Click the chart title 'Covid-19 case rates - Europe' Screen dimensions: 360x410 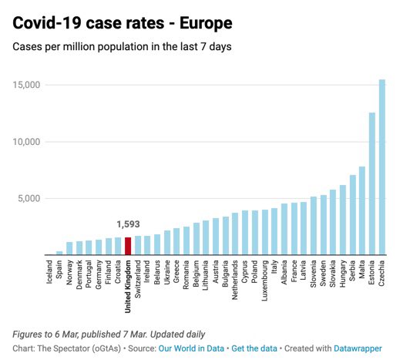(x=123, y=23)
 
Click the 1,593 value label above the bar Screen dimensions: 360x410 (x=128, y=224)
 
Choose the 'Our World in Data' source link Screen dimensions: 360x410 (x=191, y=348)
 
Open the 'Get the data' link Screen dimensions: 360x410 (x=256, y=348)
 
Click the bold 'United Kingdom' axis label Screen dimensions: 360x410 (x=128, y=287)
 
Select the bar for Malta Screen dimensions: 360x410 (x=362, y=210)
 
